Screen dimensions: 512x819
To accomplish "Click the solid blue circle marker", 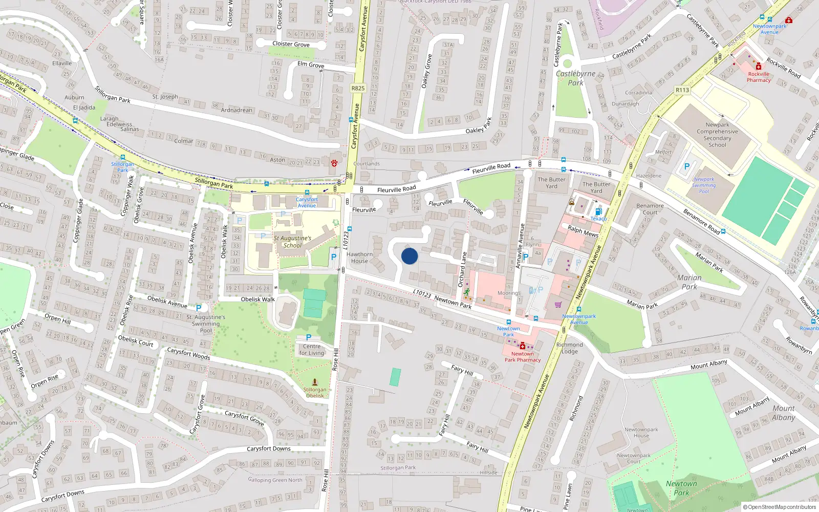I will tap(409, 256).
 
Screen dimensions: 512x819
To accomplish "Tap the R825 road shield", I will tap(358, 88).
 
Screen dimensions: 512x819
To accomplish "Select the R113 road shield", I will tap(682, 90).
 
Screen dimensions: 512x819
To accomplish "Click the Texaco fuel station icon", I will tap(598, 211).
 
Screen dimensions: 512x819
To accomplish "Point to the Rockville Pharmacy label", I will tap(759, 77).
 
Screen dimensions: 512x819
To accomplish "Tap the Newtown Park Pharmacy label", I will tap(523, 357).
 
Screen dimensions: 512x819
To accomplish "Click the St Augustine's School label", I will tap(292, 242).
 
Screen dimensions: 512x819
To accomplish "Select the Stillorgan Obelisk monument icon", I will tap(315, 382).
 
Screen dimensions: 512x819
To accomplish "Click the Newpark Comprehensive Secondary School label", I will tap(717, 135).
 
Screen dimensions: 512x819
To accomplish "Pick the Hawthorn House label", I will tap(359, 258).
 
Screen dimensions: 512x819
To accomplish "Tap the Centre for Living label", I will tap(312, 350).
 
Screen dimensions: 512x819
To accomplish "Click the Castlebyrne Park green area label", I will tap(575, 78).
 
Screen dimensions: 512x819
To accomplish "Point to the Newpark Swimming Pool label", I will tap(704, 185).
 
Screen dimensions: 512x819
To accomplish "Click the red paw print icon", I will tap(334, 163).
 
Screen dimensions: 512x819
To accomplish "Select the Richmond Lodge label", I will tap(569, 348).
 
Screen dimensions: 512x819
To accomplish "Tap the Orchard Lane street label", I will tap(462, 269).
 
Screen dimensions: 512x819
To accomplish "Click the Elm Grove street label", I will tap(311, 65).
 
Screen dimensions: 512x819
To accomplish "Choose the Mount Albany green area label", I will tap(784, 413).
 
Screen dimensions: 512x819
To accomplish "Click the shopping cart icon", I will tap(558, 304).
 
